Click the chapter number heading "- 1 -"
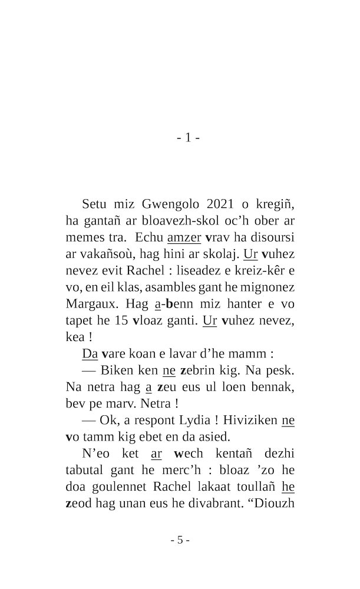188,138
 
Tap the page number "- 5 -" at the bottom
180,540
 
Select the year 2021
220,204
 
